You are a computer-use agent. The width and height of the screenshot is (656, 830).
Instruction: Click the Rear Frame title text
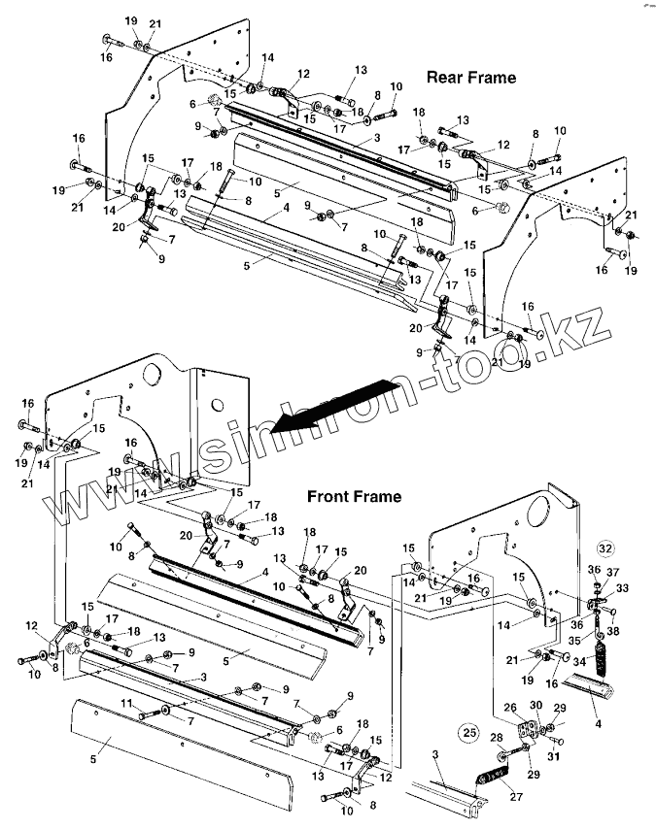pos(470,76)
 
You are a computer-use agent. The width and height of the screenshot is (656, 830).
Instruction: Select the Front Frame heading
pos(354,496)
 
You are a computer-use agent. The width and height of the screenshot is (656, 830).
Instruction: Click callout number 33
pos(623,588)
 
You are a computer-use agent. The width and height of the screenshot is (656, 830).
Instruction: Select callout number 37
pos(611,572)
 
